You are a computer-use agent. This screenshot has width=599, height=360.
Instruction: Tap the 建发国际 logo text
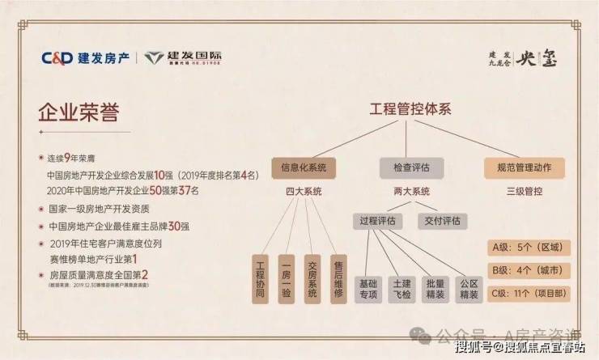click(x=194, y=57)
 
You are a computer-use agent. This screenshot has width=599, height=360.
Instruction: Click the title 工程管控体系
click(x=410, y=110)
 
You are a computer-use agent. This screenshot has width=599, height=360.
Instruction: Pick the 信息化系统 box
click(x=303, y=168)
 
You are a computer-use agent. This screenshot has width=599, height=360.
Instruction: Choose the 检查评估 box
click(x=410, y=168)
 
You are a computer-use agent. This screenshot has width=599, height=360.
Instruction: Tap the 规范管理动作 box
click(x=524, y=168)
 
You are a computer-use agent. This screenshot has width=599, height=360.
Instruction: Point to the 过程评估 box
click(x=379, y=220)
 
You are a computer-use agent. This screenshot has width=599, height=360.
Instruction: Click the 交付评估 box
click(x=444, y=220)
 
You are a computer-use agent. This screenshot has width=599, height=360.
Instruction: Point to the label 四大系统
click(x=304, y=193)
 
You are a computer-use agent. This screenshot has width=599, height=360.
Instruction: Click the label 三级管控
click(x=525, y=193)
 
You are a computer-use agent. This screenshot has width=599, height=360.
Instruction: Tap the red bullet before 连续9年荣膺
click(x=40, y=158)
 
